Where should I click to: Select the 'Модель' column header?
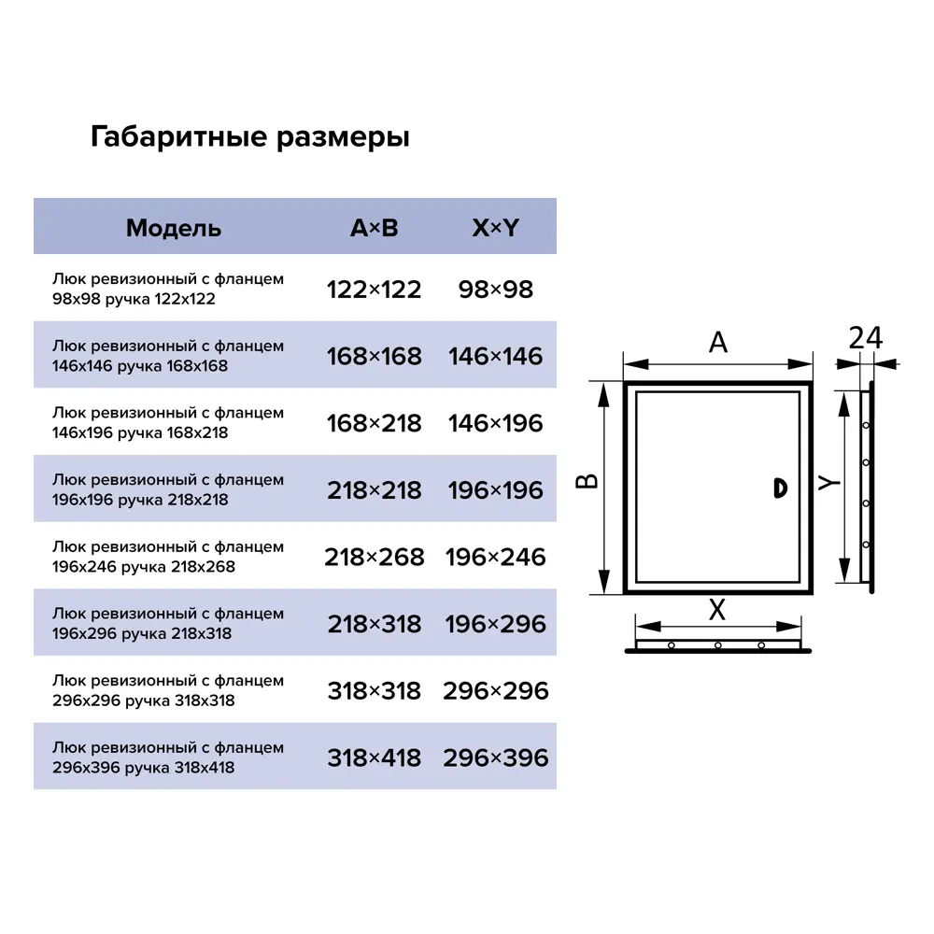[x=174, y=228]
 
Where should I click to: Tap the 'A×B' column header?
[x=374, y=228]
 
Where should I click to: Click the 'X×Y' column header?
[x=495, y=228]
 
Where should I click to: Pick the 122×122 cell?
[x=374, y=290]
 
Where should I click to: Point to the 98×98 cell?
[x=495, y=290]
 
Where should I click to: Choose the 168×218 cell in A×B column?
[x=374, y=423]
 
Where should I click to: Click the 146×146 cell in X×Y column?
[x=495, y=357]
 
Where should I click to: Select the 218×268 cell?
[x=374, y=558]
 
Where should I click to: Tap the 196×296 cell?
[x=495, y=624]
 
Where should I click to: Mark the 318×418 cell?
[x=374, y=758]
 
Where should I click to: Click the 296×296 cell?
[x=495, y=691]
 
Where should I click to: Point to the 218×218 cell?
[x=374, y=490]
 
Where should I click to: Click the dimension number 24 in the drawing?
[x=865, y=338]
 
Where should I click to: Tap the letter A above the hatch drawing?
[x=717, y=344]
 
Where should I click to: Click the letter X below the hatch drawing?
[x=716, y=611]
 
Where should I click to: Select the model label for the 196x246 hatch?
[x=168, y=558]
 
